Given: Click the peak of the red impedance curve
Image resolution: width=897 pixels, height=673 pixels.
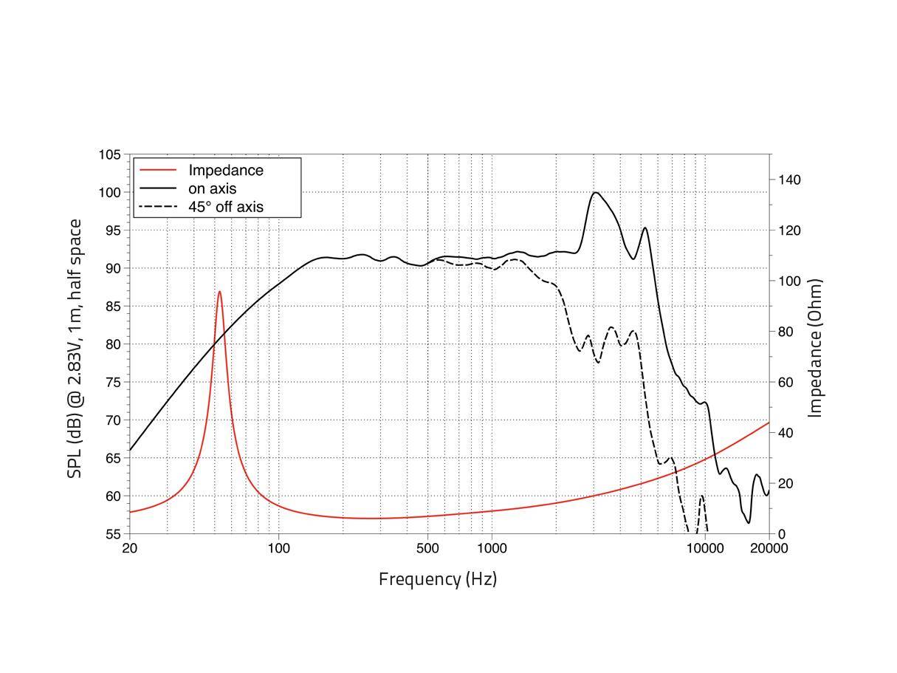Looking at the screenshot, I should [x=219, y=292].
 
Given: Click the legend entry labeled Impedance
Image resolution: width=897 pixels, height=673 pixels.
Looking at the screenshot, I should [x=225, y=171].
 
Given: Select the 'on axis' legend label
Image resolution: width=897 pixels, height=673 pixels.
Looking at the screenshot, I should [x=212, y=189].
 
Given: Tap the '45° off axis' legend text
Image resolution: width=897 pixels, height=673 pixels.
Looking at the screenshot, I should [x=225, y=208].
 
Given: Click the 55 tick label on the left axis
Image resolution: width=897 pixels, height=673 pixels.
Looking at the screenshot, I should [x=112, y=534].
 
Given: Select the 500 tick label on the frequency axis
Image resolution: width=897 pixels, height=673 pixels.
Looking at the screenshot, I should [x=427, y=548].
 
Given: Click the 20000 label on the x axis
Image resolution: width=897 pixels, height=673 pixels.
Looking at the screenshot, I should [x=769, y=548].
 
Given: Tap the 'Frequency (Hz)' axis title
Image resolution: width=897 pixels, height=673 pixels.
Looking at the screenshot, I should [x=438, y=579].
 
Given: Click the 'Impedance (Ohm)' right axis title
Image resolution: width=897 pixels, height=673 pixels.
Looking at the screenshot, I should [x=816, y=348].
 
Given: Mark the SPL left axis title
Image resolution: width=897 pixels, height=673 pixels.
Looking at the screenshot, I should [x=75, y=348].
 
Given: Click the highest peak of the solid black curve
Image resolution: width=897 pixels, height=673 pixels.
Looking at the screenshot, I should [x=595, y=193].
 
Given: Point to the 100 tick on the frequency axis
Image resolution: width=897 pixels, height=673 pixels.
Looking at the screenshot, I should [x=278, y=548].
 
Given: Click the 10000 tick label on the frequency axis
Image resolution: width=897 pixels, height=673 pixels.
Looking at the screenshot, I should [x=704, y=548].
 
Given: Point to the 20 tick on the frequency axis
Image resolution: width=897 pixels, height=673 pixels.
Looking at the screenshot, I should [x=129, y=548].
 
